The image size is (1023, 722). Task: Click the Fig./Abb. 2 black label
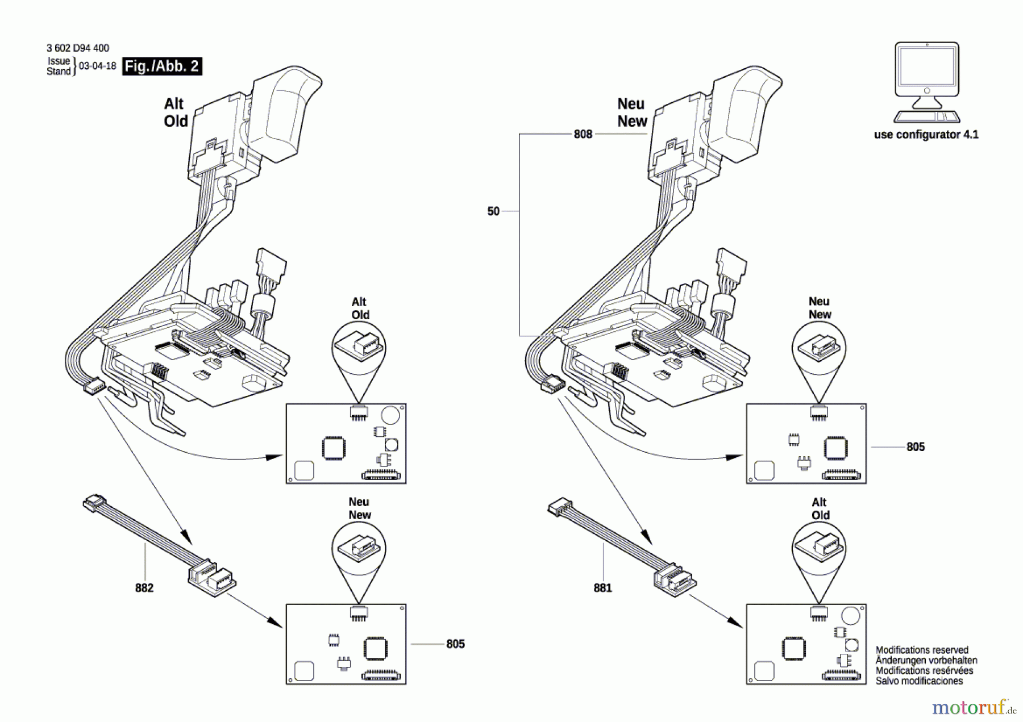162,66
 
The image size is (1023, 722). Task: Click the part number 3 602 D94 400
78,48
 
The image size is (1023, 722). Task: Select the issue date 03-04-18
97,66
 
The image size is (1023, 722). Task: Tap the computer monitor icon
927,82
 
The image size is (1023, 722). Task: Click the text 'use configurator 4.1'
926,135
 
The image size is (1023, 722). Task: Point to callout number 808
583,134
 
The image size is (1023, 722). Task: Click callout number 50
493,211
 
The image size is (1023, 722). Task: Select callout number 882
144,588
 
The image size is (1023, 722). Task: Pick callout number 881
602,588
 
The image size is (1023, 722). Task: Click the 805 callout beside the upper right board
915,447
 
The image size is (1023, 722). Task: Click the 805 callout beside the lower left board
455,644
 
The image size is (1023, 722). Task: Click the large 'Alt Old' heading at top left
175,112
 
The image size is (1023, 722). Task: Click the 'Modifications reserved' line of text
921,650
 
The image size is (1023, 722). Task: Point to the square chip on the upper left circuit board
334,448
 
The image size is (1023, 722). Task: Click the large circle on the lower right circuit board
850,615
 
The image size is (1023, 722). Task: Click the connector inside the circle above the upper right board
818,345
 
